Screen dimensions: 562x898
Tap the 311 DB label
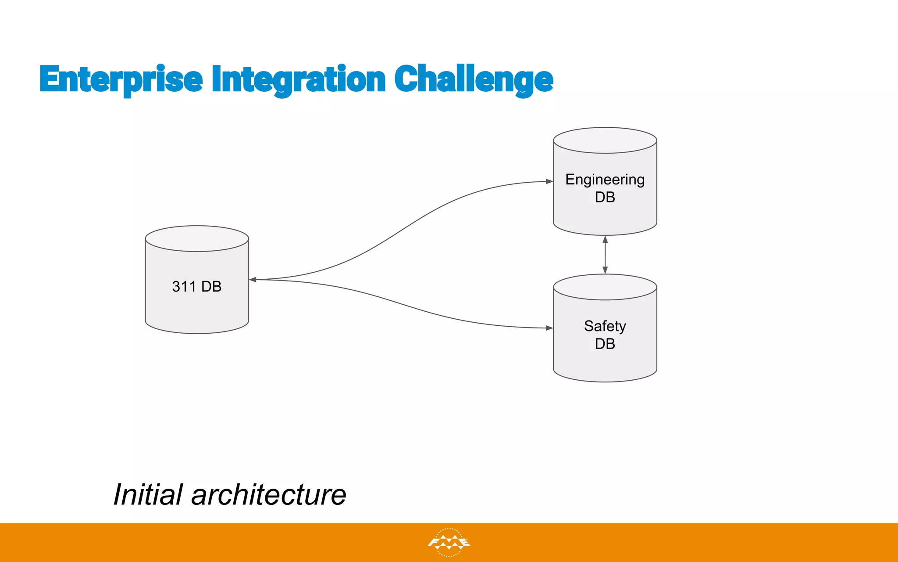tap(196, 287)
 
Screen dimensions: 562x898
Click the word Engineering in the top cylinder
tap(605, 180)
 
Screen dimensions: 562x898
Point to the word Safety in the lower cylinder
tap(605, 326)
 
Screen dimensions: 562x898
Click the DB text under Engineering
tap(605, 198)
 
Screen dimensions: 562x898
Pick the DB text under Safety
tap(605, 344)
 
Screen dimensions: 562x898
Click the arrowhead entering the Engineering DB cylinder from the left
tap(549, 181)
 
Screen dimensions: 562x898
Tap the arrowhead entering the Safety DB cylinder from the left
tap(549, 328)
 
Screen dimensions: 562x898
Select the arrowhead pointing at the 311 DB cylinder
tap(253, 279)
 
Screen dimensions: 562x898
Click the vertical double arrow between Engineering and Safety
tap(605, 255)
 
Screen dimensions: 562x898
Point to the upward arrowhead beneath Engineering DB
tap(605, 240)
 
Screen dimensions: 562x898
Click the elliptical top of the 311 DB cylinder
tap(197, 238)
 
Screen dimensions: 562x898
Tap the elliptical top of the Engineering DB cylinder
tap(605, 140)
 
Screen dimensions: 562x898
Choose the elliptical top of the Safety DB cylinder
tap(605, 287)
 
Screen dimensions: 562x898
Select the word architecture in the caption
tap(268, 495)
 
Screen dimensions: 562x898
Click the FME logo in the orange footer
tap(449, 543)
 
